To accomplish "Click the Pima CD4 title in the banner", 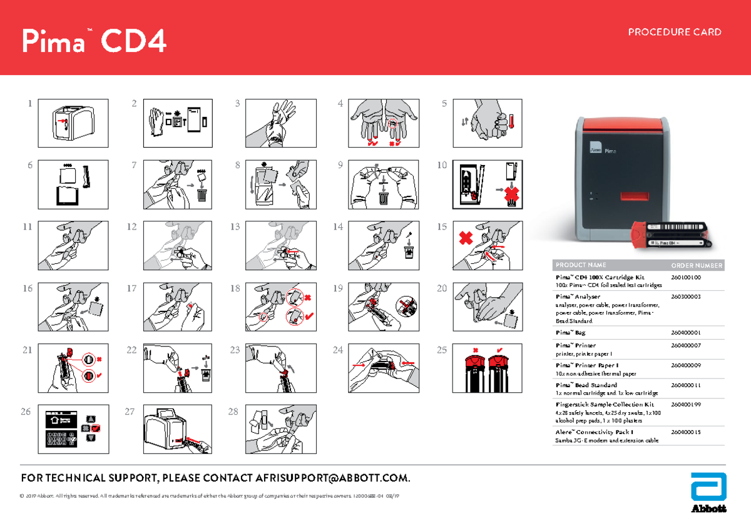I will (94, 42).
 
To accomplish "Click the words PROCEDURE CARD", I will (675, 32).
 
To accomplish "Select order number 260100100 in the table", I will (686, 277).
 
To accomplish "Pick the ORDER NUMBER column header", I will (697, 265).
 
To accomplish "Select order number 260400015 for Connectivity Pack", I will (686, 432).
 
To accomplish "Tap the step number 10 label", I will (442, 166).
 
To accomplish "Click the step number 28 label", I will (233, 412).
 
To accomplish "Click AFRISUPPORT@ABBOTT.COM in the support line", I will (332, 478).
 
